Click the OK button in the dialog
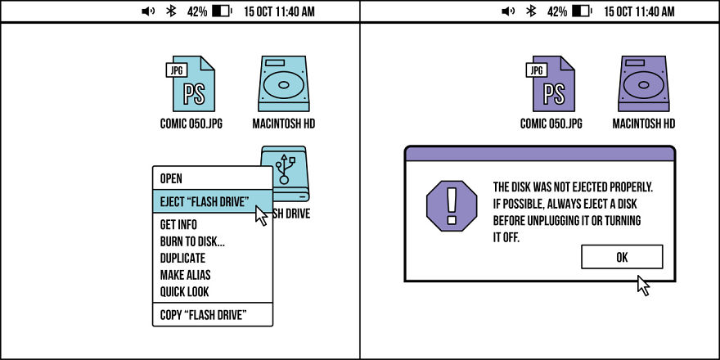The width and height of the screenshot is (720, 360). (x=622, y=257)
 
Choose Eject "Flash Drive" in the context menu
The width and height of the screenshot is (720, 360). (x=205, y=201)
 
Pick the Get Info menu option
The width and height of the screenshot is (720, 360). (x=178, y=224)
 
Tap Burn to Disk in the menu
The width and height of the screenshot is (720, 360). (x=192, y=241)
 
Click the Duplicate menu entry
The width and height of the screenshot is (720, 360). (x=182, y=258)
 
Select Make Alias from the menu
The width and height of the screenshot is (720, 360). (x=185, y=275)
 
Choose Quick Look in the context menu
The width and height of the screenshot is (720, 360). (x=185, y=291)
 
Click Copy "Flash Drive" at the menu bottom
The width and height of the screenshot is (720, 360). (x=204, y=315)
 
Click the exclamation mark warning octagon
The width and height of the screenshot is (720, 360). (x=452, y=205)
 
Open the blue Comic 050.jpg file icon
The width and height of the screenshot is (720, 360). (x=191, y=83)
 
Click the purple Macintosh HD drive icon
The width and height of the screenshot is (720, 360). (x=644, y=83)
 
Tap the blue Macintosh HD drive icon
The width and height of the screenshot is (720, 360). (x=284, y=83)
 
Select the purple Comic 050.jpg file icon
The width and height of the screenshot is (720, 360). (x=551, y=83)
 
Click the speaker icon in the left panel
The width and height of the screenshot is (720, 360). (x=148, y=11)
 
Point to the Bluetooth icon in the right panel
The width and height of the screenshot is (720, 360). (x=531, y=11)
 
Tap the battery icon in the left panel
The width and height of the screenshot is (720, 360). (x=223, y=11)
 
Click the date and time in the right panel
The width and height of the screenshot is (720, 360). (x=640, y=11)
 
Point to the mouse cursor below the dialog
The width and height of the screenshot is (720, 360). (x=643, y=286)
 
